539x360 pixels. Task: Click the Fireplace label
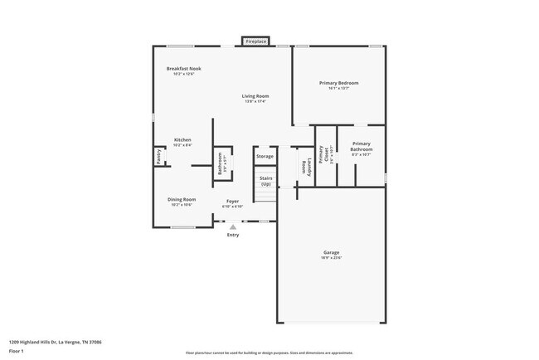(255, 41)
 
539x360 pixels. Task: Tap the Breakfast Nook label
(183, 69)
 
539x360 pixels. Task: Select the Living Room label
(255, 96)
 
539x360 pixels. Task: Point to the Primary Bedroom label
(339, 82)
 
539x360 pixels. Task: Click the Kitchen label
(182, 139)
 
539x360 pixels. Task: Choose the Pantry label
(158, 155)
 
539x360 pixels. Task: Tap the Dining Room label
(182, 199)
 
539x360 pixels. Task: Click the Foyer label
(233, 202)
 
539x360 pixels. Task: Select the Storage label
(265, 156)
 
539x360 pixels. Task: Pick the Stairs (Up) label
(265, 180)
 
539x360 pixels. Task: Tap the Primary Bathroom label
(361, 146)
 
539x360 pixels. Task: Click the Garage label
(332, 252)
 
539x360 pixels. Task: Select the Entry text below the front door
(233, 235)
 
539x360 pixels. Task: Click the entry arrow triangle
(233, 226)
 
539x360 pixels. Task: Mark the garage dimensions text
(332, 258)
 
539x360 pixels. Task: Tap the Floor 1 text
(17, 351)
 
